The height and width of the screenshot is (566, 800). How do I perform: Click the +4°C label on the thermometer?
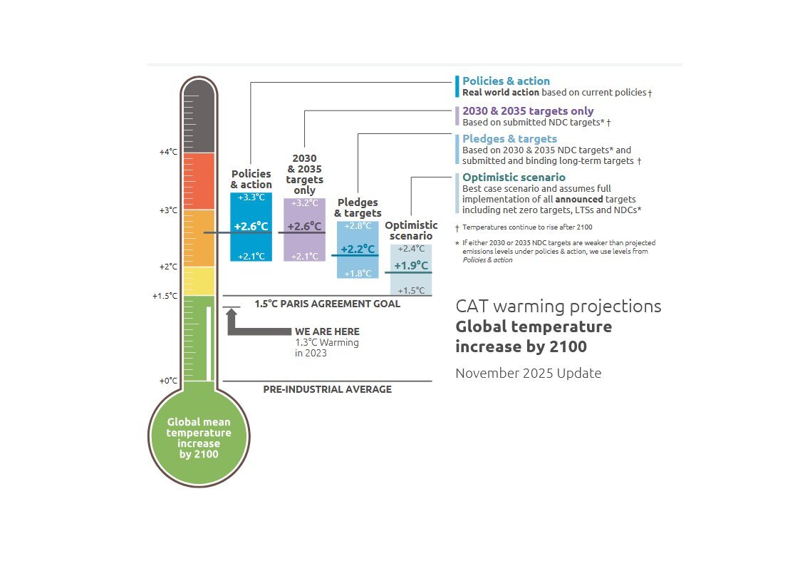pos(168,152)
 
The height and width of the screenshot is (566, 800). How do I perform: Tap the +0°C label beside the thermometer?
pos(168,381)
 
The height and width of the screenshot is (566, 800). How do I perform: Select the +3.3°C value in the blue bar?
pos(251,197)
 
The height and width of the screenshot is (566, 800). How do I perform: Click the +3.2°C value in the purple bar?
pos(304,203)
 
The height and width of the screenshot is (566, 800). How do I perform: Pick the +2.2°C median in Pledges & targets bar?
pos(357,249)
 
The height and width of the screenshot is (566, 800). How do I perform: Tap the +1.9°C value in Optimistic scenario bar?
pos(411,266)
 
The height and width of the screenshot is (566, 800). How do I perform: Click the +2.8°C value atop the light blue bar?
pos(358,226)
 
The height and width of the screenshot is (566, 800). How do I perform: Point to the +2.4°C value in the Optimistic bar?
pos(411,249)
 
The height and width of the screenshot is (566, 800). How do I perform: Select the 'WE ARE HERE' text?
pos(327,331)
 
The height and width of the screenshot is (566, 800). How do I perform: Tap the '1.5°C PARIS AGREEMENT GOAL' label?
pos(327,304)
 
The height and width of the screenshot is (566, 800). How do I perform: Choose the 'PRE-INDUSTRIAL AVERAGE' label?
pos(327,389)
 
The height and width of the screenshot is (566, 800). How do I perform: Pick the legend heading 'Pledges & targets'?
pos(509,139)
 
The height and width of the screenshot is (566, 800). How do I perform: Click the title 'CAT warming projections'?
pos(558,307)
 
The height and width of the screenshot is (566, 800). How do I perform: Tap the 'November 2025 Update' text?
pos(528,374)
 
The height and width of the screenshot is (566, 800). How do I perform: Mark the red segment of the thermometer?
pos(198,181)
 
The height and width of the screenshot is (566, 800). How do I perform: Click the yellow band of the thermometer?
pos(198,281)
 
